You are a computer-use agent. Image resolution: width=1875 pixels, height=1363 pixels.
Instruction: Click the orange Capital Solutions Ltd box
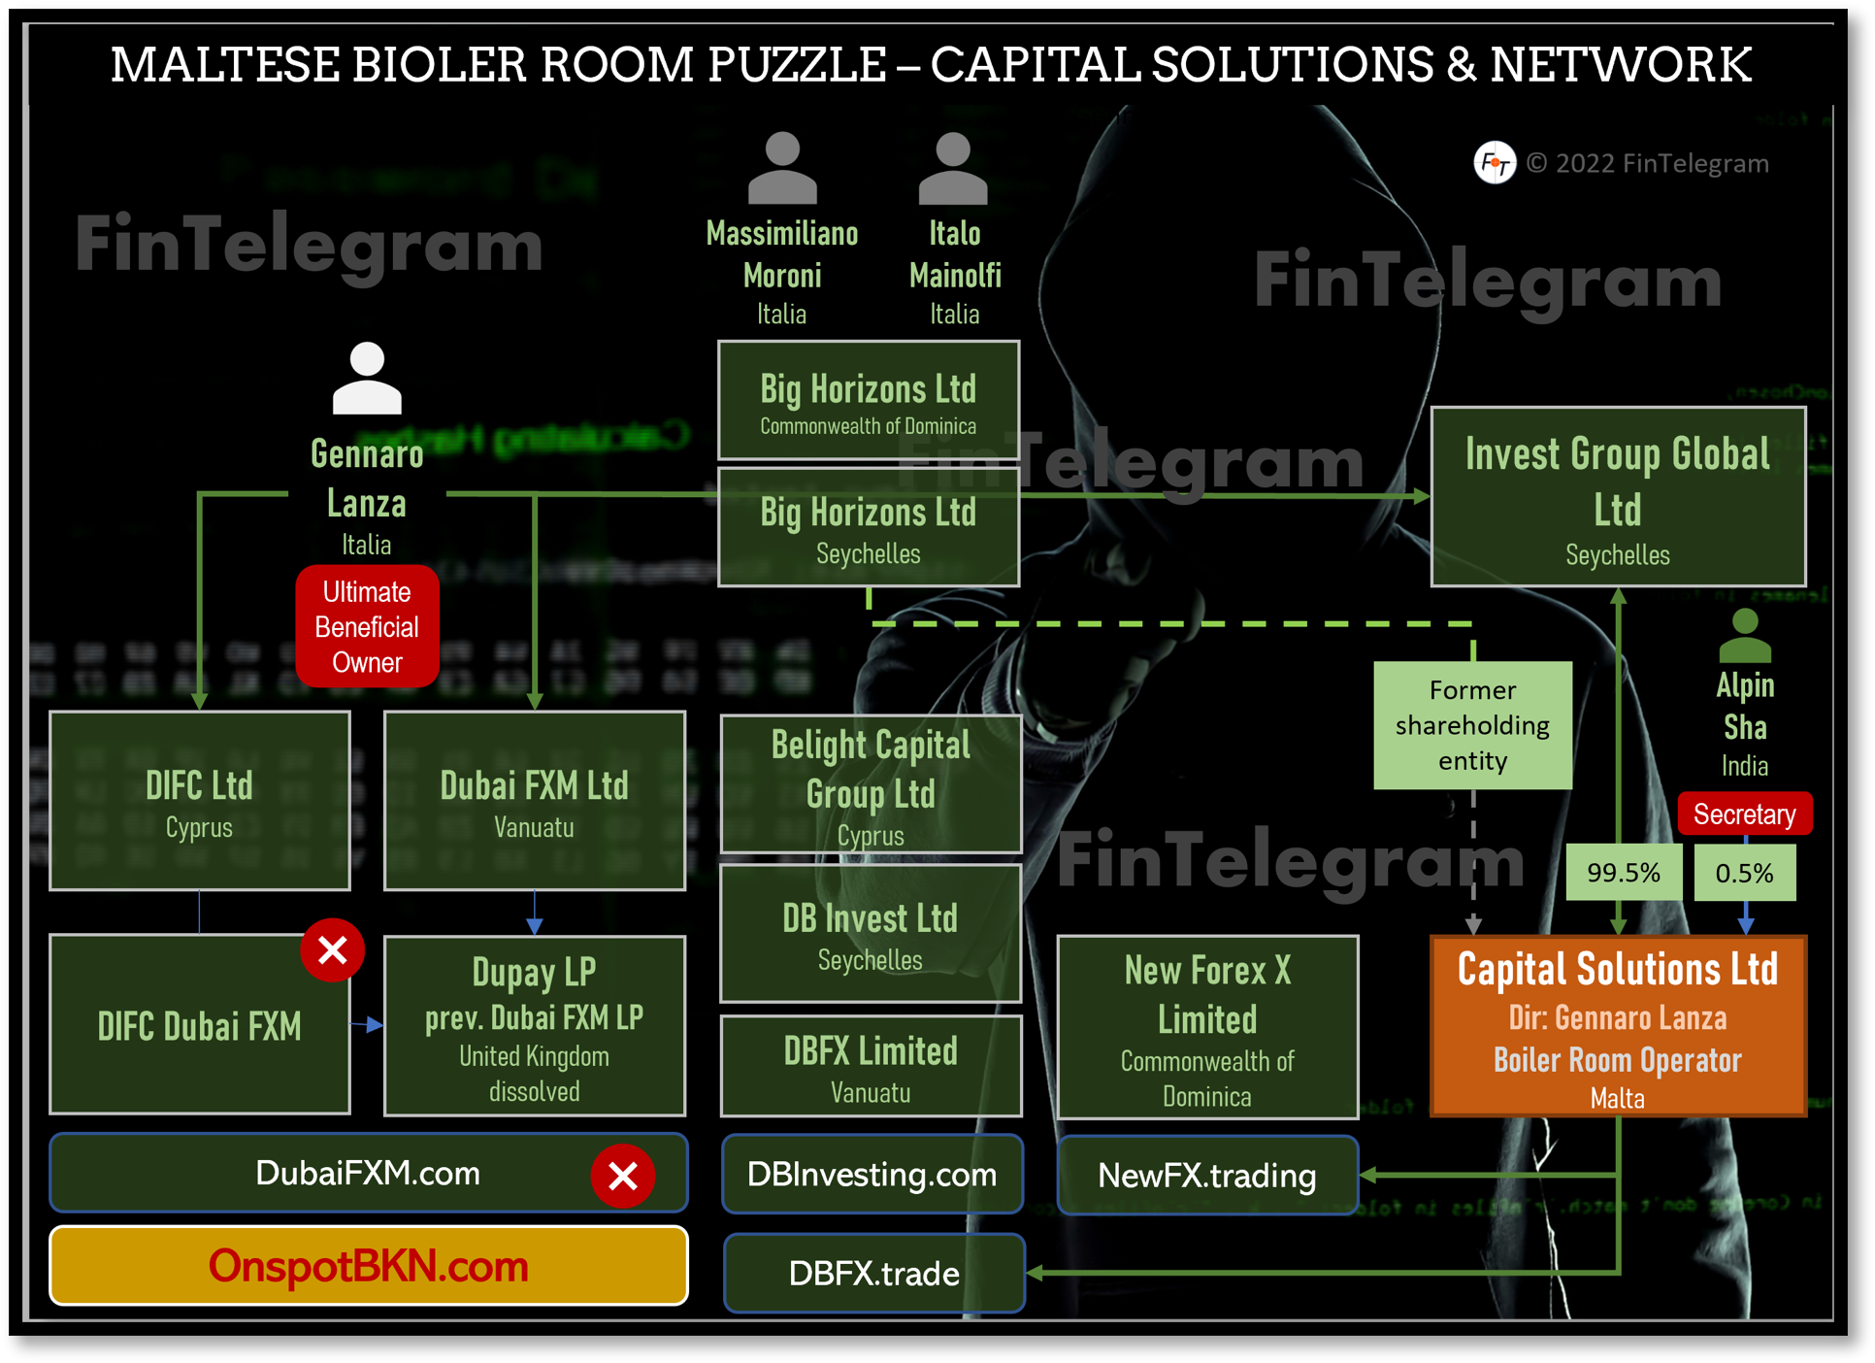pos(1618,1026)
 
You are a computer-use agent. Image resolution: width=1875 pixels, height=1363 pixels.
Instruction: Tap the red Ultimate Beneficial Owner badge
pos(367,627)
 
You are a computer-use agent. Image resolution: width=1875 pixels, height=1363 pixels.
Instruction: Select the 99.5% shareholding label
pos(1623,873)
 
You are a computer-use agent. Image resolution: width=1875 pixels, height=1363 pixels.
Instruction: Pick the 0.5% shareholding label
pos(1744,873)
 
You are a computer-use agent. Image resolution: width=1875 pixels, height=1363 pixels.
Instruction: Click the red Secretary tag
pos(1744,814)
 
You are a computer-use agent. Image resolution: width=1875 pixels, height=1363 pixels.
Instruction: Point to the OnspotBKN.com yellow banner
pos(368,1266)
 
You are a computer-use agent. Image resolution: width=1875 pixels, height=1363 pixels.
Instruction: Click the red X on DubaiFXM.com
pos(622,1176)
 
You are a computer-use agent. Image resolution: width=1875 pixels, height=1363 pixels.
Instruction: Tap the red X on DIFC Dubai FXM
pos(332,949)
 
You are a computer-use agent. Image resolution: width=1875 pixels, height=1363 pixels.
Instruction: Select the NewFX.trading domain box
pos(1206,1176)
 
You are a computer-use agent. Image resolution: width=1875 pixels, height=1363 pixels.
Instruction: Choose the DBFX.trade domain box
pos(873,1273)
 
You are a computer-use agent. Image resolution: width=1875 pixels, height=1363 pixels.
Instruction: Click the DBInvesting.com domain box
pos(872,1175)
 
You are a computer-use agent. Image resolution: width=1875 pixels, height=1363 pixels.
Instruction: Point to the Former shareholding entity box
pos(1472,725)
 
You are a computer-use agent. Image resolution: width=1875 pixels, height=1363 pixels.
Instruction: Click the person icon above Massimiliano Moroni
pos(782,169)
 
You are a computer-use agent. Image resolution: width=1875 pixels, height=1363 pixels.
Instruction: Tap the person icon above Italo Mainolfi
pos(953,169)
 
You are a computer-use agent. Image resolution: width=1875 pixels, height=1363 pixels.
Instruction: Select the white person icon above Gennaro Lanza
pos(367,379)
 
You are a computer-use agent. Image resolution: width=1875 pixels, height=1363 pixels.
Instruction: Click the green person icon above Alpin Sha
pos(1745,636)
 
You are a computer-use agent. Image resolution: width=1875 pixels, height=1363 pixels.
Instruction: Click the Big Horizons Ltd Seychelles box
pos(868,528)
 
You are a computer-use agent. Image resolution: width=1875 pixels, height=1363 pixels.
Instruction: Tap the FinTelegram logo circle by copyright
pos(1494,162)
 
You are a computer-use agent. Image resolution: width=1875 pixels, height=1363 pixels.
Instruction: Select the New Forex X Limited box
pos(1206,1027)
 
